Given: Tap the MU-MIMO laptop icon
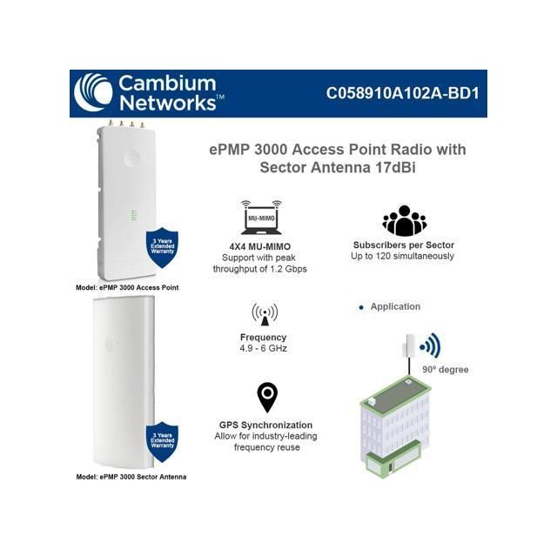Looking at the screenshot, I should pos(261,221).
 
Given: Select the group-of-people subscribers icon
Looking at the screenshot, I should pos(404,221).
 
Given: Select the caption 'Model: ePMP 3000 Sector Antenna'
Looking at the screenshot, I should pos(131,477).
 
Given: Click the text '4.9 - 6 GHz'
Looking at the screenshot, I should pos(263,348).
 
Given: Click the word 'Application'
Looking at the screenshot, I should pos(395,307).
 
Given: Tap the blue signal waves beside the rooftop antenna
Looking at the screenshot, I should pos(431,347).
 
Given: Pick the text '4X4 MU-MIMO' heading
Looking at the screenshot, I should pos(260,246).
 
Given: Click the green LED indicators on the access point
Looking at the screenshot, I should pos(132,215).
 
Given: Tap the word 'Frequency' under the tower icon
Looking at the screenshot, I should pos(263,337).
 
